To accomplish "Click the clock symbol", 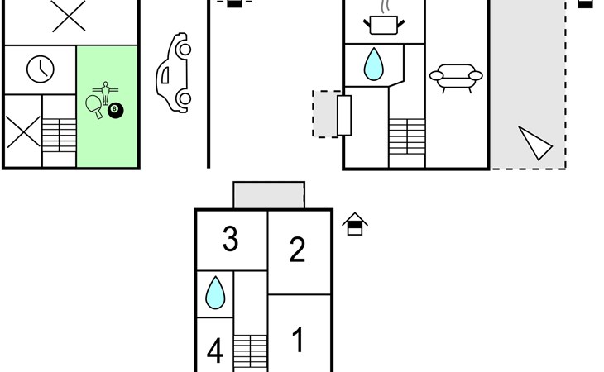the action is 41,69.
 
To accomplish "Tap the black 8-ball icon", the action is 115,111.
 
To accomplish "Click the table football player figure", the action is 105,93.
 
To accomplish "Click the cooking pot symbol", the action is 384,25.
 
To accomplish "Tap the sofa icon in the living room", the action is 456,78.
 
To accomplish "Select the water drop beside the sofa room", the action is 374,64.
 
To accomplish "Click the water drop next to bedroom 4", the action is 215,293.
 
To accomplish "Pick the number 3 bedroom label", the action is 230,239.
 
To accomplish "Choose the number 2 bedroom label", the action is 297,250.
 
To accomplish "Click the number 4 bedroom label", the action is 214,351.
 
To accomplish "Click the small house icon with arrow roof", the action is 355,223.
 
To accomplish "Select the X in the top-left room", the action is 69,17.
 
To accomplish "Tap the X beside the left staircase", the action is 23,132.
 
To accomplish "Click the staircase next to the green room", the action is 59,135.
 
